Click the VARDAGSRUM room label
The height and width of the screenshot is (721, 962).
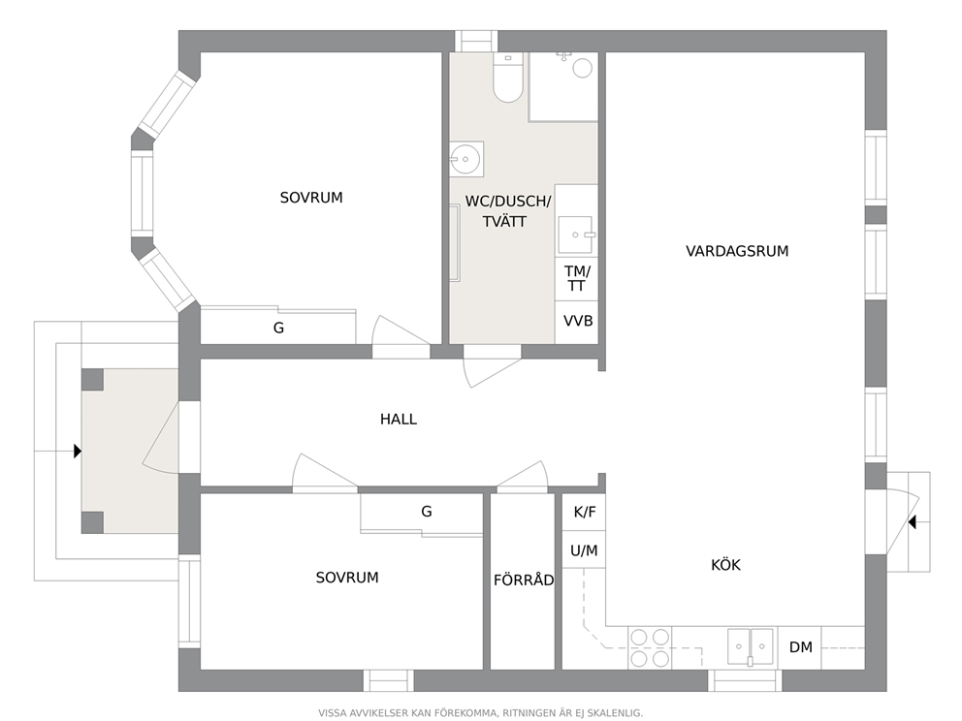click(x=737, y=251)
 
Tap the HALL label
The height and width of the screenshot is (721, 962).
click(x=399, y=420)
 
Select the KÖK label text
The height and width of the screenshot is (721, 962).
click(x=725, y=565)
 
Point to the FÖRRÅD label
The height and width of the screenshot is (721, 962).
click(x=524, y=580)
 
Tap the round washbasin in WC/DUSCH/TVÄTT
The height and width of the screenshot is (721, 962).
click(x=466, y=159)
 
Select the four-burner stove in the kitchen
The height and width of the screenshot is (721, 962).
click(x=650, y=647)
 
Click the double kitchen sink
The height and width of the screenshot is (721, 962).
click(x=751, y=646)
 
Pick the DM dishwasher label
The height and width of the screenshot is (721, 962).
click(x=801, y=646)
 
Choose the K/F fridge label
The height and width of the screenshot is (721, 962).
click(x=585, y=512)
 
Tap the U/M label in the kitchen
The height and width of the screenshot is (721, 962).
click(x=584, y=550)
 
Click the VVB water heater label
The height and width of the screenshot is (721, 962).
click(x=578, y=321)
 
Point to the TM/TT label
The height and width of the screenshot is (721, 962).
click(x=577, y=278)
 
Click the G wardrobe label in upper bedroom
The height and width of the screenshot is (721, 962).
click(x=278, y=328)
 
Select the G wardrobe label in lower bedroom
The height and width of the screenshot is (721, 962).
click(x=427, y=512)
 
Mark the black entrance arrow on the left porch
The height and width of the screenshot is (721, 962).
click(x=78, y=452)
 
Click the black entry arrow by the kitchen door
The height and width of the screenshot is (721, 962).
click(x=912, y=522)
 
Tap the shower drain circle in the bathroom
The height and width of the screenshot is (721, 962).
click(x=582, y=68)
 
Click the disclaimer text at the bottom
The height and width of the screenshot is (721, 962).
click(x=480, y=713)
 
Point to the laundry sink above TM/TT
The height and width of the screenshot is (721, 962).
click(x=575, y=235)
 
